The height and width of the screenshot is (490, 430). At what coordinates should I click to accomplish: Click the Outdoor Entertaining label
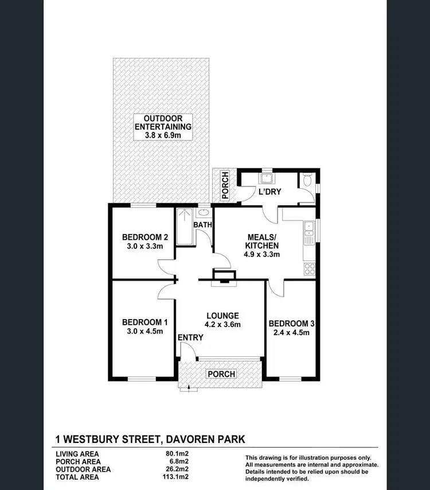point(163,122)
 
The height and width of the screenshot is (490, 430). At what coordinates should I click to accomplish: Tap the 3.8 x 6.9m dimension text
point(163,135)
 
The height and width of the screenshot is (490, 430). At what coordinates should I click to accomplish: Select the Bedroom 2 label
point(145,237)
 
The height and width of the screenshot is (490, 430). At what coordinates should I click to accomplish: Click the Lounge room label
point(222,316)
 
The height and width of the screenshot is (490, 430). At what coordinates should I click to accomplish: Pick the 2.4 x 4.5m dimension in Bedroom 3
point(291,331)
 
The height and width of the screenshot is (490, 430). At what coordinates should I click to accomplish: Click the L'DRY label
point(269,192)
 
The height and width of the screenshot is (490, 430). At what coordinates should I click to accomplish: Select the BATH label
point(202,225)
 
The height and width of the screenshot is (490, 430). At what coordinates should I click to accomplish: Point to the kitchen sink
point(308,228)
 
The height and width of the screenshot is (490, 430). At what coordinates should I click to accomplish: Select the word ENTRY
point(190,337)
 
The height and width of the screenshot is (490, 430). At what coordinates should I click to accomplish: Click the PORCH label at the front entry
point(221,374)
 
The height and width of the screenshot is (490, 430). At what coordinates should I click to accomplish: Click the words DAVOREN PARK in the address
point(205,440)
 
